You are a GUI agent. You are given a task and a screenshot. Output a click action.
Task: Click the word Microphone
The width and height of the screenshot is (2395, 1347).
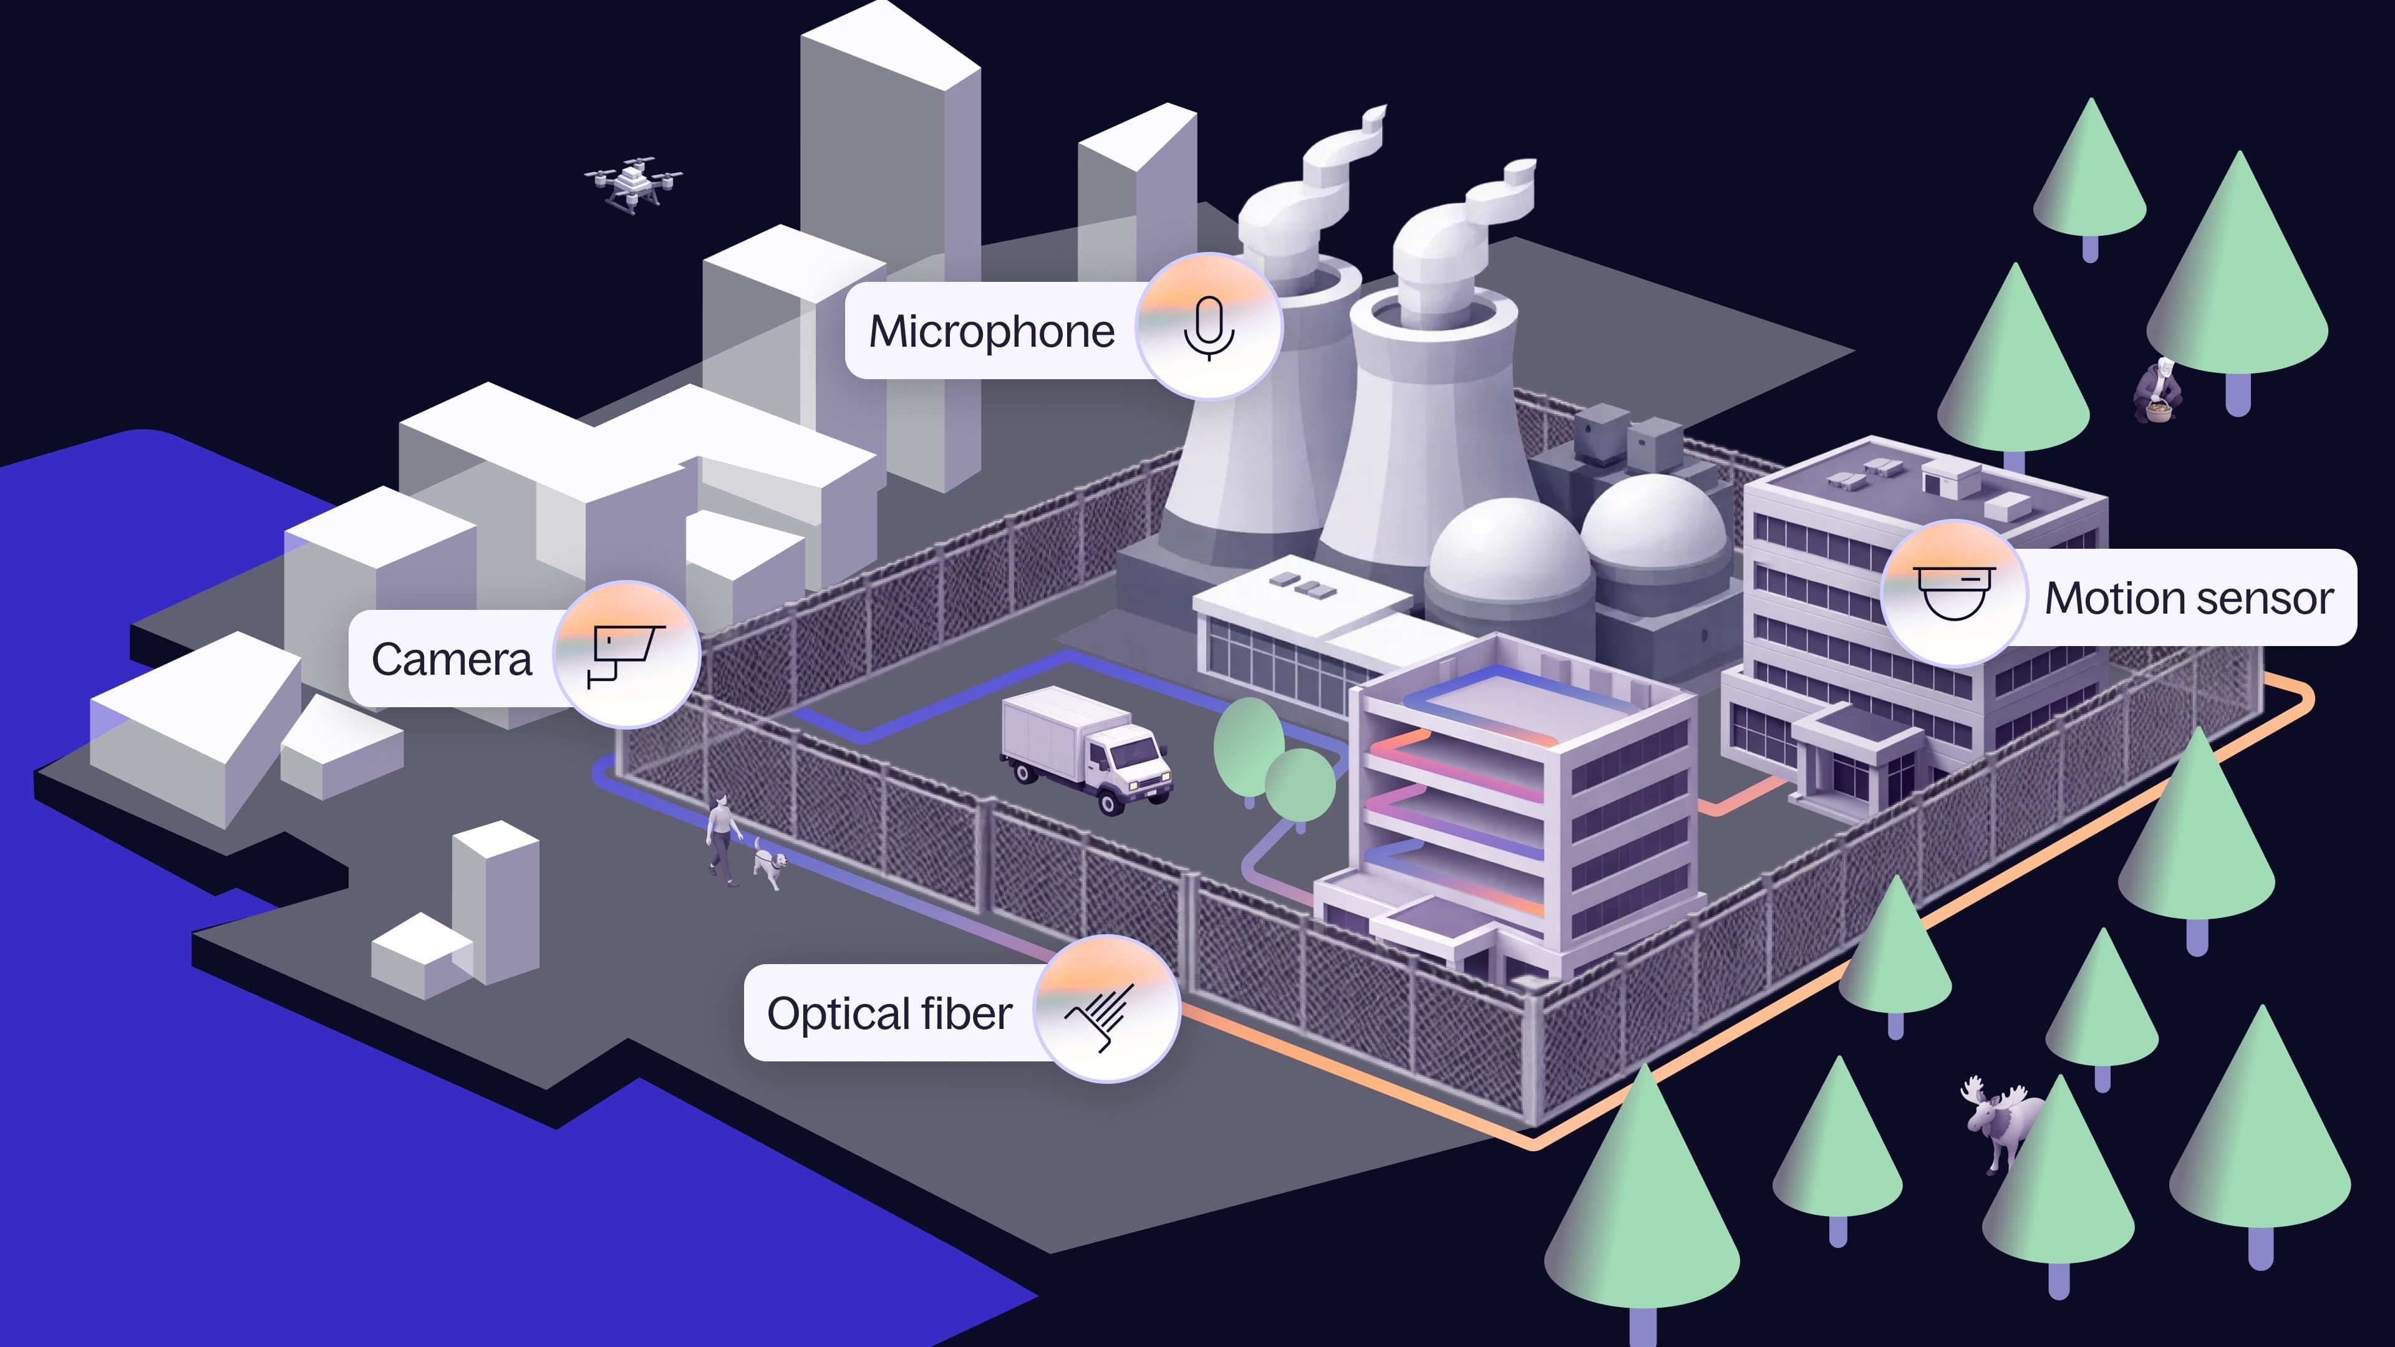tap(991, 332)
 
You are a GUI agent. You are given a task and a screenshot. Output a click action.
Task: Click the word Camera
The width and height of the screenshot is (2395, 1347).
tap(452, 660)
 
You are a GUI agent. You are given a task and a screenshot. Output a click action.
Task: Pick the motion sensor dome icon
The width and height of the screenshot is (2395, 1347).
tap(1954, 593)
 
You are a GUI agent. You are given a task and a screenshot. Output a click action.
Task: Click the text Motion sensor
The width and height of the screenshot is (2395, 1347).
tap(2189, 599)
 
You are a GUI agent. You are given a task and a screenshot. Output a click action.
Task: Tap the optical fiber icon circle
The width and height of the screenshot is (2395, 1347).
tap(1106, 1010)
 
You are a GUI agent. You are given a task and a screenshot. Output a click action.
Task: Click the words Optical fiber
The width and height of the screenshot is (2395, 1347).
tap(889, 1014)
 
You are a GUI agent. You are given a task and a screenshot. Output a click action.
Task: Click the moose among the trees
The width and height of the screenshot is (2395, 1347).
tap(1999, 1120)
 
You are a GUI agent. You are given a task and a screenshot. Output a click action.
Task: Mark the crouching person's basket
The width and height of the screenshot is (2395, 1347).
tap(2160, 411)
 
